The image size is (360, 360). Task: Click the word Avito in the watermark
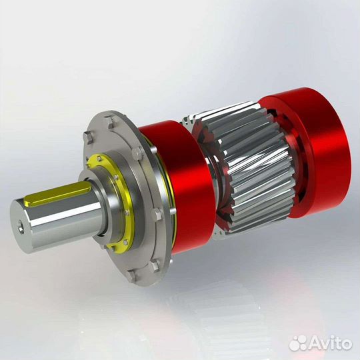[327, 343]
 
